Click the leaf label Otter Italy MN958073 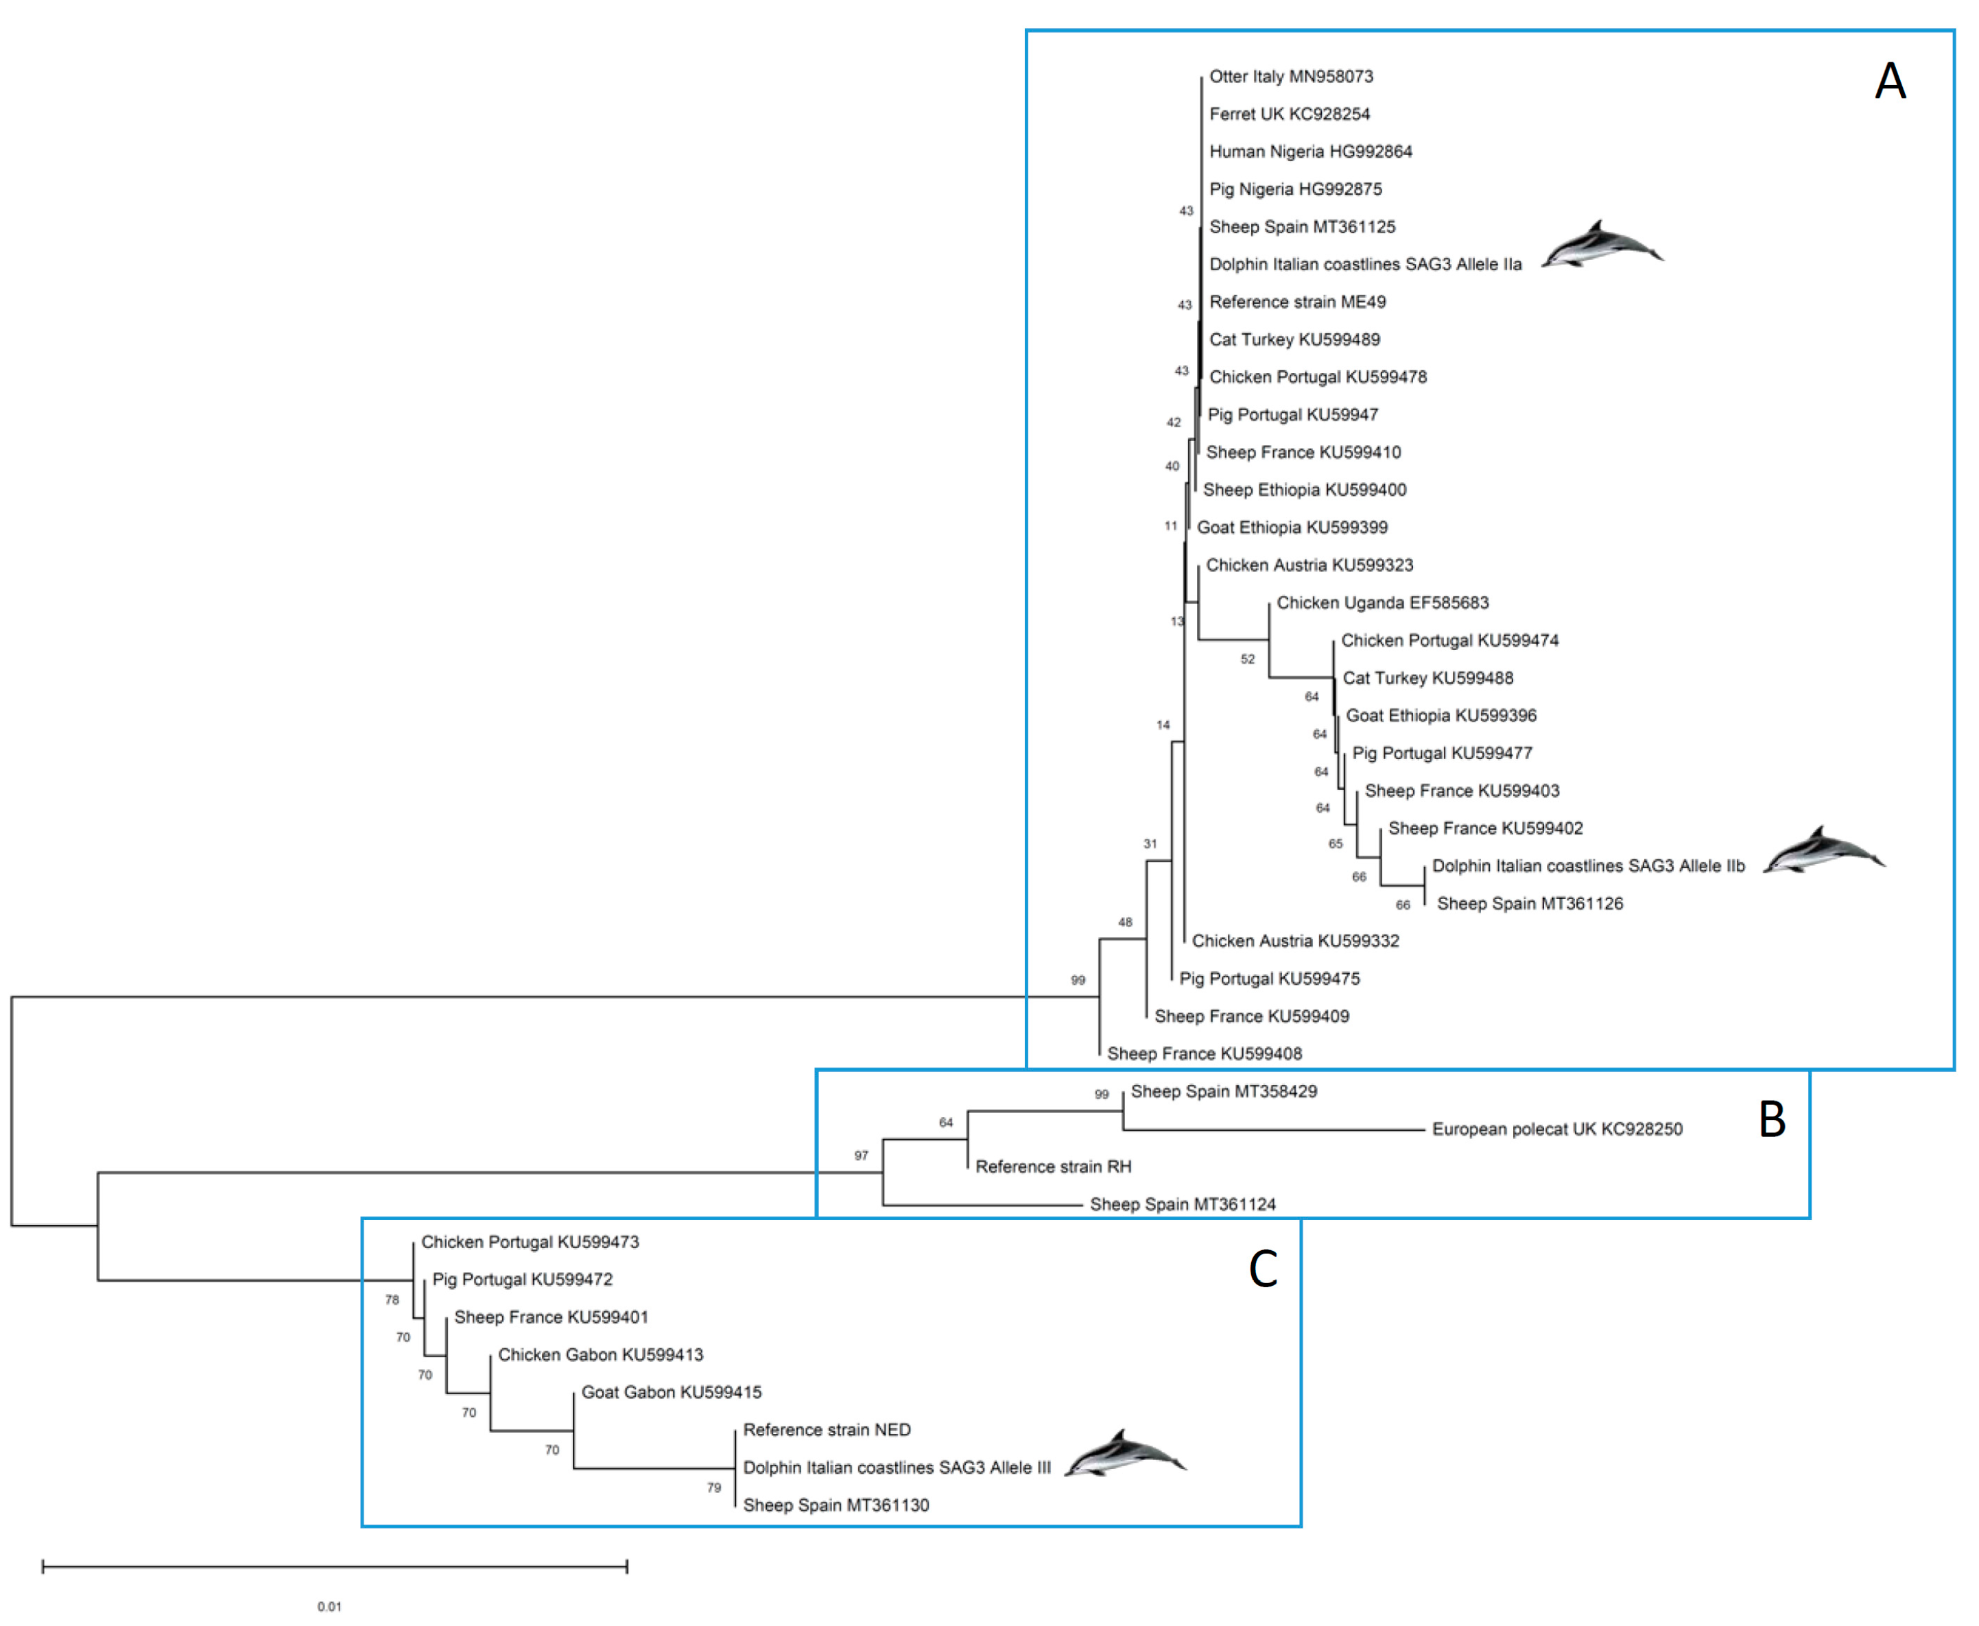click(x=1290, y=77)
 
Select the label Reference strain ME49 click(x=1297, y=302)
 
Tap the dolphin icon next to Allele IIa click(x=1602, y=246)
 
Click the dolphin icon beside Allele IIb click(x=1823, y=850)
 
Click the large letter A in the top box click(x=1889, y=82)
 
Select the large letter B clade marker click(x=1771, y=1119)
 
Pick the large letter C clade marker click(x=1262, y=1269)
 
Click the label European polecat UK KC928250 click(x=1556, y=1129)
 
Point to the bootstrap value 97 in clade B click(x=861, y=1156)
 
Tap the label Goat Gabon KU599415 click(x=671, y=1393)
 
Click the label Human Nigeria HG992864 click(x=1310, y=152)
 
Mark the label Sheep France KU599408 click(x=1204, y=1054)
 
